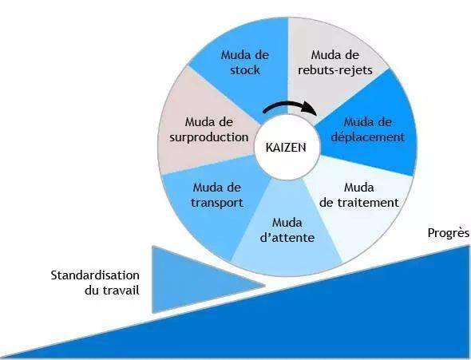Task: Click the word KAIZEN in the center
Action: click(x=286, y=148)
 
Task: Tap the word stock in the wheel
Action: click(x=245, y=70)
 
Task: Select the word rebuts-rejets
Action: click(x=335, y=70)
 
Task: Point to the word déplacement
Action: click(x=367, y=137)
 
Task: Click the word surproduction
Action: click(x=209, y=137)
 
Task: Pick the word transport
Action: click(x=217, y=203)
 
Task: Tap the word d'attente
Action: click(x=287, y=238)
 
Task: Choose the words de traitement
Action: click(x=359, y=203)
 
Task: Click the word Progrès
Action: click(x=448, y=233)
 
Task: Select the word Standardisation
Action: click(x=95, y=275)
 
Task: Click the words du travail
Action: click(x=112, y=291)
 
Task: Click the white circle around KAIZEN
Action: click(x=287, y=147)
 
